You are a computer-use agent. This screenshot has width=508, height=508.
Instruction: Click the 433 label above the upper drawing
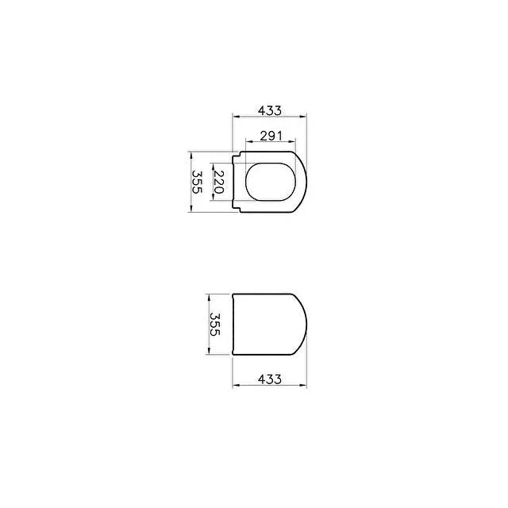[270, 111]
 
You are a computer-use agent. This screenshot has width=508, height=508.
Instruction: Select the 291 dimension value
[271, 136]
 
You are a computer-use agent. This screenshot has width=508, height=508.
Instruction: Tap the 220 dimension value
[219, 182]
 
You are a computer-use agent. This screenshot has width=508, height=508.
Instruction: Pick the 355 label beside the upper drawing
[197, 182]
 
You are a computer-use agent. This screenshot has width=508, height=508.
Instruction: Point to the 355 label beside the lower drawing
[215, 325]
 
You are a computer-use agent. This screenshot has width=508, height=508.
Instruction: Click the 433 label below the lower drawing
[270, 379]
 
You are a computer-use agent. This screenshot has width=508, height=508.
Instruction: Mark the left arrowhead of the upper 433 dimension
[236, 117]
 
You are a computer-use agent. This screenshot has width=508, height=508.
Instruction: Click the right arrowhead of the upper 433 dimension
[303, 117]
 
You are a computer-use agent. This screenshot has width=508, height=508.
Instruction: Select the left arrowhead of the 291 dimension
[249, 141]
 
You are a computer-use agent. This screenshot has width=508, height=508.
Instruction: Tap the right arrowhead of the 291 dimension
[292, 141]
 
